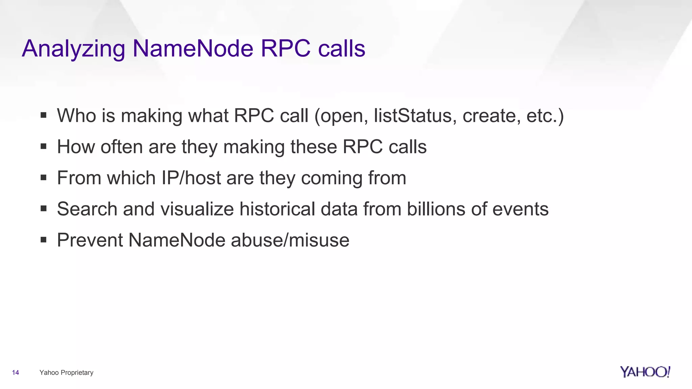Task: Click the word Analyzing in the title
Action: (x=73, y=49)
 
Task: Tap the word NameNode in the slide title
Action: (x=193, y=48)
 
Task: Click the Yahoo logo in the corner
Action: (x=645, y=372)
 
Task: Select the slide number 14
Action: (x=16, y=372)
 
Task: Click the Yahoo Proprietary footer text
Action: (x=66, y=372)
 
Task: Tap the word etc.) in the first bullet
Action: (x=545, y=115)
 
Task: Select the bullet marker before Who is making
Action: (x=43, y=115)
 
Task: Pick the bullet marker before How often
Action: (x=43, y=147)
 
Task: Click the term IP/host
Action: (x=191, y=178)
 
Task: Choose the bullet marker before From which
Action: (x=43, y=178)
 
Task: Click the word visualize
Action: (x=197, y=209)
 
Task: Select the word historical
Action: (x=277, y=209)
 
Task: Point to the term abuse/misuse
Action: (x=290, y=240)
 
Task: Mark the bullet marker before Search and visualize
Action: (x=43, y=209)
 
